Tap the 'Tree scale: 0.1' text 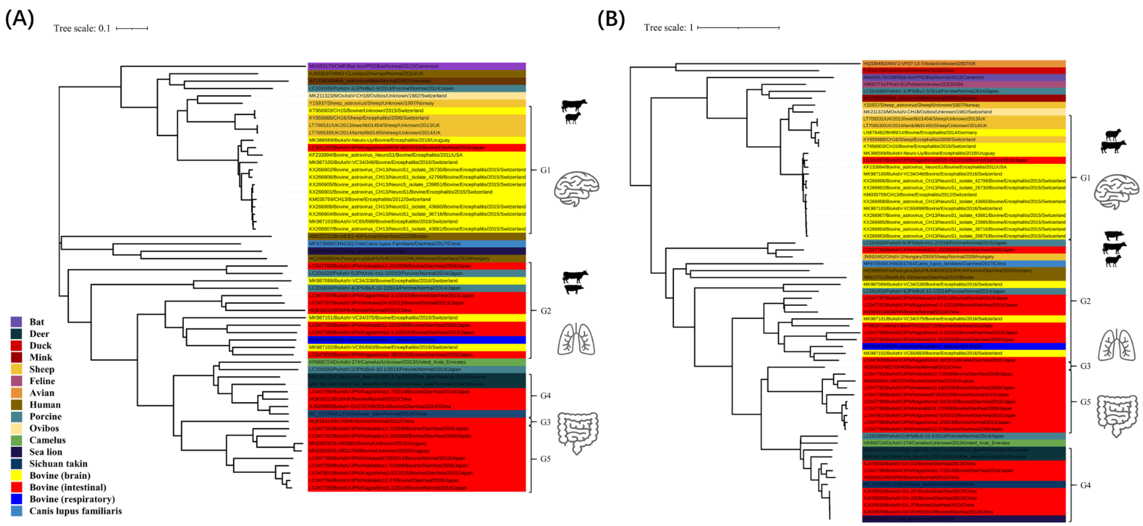(82, 29)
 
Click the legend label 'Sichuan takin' (58, 463)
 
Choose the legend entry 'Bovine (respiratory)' (72, 499)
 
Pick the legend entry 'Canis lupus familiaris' (75, 511)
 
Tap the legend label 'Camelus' (48, 440)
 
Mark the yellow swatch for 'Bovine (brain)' (17, 475)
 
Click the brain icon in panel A (576, 189)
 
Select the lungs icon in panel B (1116, 345)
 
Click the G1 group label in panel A (545, 170)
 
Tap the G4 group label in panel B (1085, 485)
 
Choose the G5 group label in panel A (545, 458)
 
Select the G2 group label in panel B (1085, 301)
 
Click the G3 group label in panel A (545, 422)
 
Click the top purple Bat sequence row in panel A (416, 66)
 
